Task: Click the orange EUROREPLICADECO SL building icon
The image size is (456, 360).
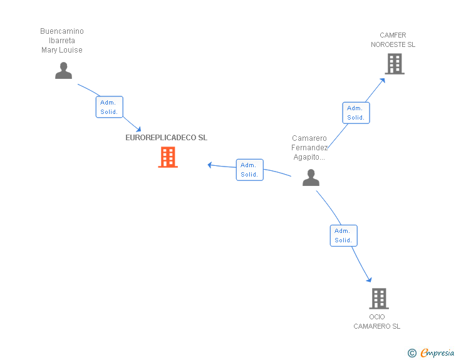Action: (x=168, y=157)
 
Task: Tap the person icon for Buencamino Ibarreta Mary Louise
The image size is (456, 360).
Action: (x=63, y=70)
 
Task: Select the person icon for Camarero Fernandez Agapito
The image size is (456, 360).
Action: (x=311, y=177)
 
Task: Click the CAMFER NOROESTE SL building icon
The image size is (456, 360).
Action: (x=395, y=64)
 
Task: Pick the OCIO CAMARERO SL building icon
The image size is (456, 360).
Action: (x=379, y=299)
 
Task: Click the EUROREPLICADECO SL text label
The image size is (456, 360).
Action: (x=167, y=138)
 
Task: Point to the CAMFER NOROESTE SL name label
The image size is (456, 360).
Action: (x=393, y=40)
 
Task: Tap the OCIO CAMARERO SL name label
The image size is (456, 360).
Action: (x=376, y=322)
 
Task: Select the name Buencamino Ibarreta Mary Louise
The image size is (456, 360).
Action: (x=62, y=41)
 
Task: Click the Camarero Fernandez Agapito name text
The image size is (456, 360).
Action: (x=309, y=147)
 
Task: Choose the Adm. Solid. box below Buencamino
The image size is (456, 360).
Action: (x=110, y=107)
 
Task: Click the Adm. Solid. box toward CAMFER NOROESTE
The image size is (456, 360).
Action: (x=356, y=113)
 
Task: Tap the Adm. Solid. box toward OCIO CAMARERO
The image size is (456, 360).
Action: (x=343, y=235)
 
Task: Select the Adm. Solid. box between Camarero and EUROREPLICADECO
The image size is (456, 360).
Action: (x=249, y=170)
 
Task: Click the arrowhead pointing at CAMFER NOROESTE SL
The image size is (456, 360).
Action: (x=383, y=80)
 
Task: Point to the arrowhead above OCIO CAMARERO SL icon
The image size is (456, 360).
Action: (x=370, y=280)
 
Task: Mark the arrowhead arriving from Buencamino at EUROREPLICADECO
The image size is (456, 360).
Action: (x=138, y=130)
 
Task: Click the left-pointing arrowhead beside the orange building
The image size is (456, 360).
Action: (x=209, y=165)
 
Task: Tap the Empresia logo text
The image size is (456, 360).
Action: (x=437, y=352)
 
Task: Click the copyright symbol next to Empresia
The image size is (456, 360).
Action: (x=412, y=353)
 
